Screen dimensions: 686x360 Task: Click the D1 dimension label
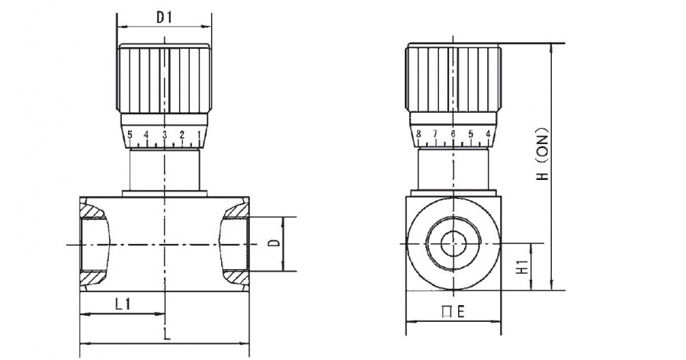click(x=165, y=18)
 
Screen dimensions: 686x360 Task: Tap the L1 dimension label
click(x=123, y=304)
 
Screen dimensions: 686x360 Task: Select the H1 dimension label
click(x=522, y=267)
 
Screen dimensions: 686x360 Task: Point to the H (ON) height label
click(x=543, y=154)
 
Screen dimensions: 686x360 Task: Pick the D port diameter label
click(x=274, y=243)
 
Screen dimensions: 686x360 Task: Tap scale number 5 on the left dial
click(x=130, y=134)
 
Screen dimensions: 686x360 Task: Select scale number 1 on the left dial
click(x=200, y=134)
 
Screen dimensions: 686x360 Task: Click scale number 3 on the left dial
click(x=165, y=134)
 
